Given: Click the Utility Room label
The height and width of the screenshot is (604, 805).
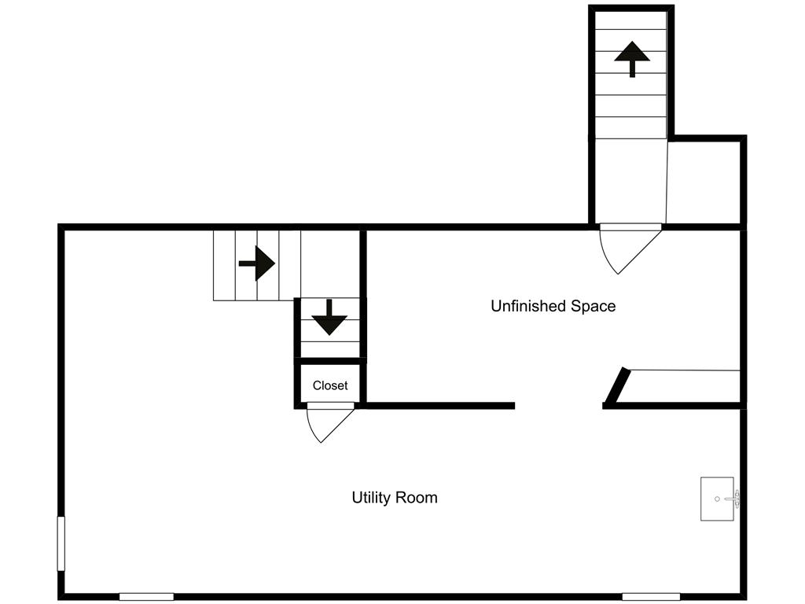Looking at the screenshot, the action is coord(395,498).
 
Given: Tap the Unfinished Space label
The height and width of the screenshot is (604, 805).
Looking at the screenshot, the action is coord(553,306).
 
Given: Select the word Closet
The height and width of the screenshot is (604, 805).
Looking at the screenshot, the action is coord(330,385).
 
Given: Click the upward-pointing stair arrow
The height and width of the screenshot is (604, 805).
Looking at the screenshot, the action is coord(632,59).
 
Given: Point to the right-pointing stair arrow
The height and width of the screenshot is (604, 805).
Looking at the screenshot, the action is coord(257,263).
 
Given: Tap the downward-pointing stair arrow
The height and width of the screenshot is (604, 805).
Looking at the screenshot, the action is coord(329,318).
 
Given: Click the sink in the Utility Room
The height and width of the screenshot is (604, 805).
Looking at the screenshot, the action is coord(719,499).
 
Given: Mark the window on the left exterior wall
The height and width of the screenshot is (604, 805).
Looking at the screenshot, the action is coord(61,543).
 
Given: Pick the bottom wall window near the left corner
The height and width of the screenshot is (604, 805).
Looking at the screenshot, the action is coord(146,597).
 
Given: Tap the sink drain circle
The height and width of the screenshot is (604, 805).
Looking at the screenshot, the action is coord(717,499).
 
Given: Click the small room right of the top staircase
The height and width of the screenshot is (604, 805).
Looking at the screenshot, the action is coord(704,182).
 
